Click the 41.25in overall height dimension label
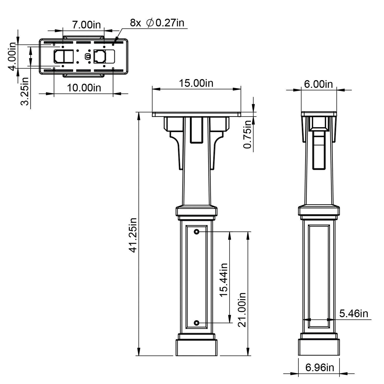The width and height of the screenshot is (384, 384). tap(133, 235)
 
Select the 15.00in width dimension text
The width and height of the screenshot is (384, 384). tap(196, 83)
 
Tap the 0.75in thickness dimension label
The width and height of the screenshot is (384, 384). tap(248, 134)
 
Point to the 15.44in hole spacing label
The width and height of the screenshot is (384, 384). tap(224, 280)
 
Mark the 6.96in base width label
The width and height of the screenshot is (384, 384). tap(319, 368)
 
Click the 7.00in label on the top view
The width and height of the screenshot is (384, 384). tap(86, 25)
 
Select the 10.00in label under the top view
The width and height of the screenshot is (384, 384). tap(84, 88)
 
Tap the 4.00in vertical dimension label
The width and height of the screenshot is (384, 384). tap(13, 57)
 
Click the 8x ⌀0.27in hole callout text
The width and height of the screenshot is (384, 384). tap(157, 23)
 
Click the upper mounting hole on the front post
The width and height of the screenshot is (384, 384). tap(196, 232)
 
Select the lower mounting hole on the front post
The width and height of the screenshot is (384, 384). tap(196, 323)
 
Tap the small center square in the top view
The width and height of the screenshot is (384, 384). tap(88, 56)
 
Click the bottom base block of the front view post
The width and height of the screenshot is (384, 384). tap(196, 348)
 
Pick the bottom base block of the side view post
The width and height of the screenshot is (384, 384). tap(319, 348)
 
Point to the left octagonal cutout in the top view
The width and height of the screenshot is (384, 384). tap(59, 56)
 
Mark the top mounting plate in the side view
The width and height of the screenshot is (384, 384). tap(318, 114)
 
